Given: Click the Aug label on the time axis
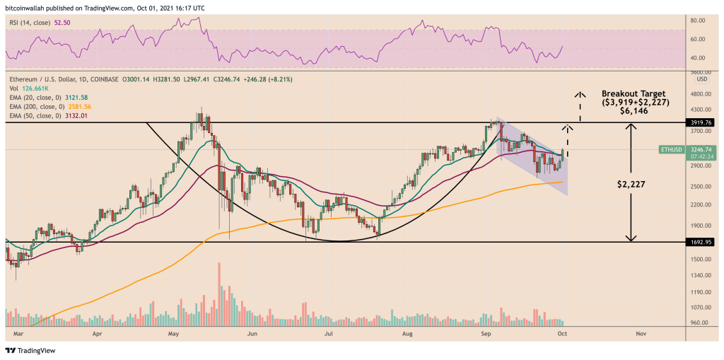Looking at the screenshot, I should pos(407,332).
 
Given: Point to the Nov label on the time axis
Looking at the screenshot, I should pos(641,332).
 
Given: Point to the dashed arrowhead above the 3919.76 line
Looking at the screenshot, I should pos(568,127).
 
